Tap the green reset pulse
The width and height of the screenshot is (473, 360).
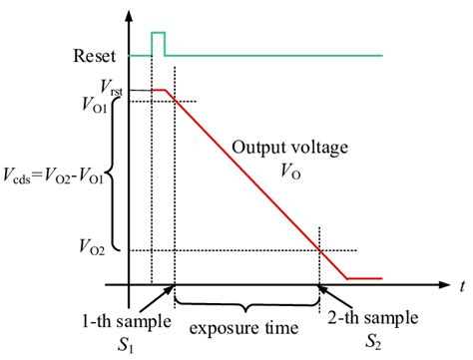(158, 41)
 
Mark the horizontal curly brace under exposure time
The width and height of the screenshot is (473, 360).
(247, 299)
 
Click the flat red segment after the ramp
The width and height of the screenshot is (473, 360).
(364, 278)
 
